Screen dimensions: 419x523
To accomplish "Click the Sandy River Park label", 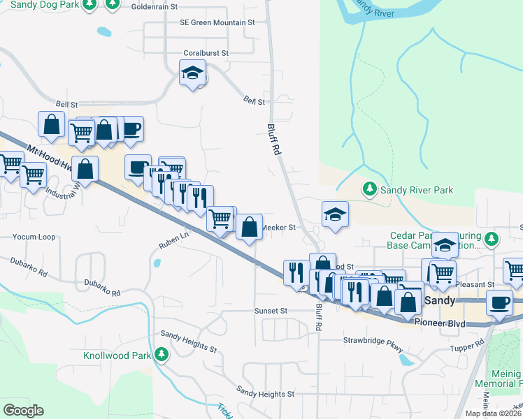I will point(417,190).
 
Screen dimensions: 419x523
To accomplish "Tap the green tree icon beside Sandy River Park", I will point(369,189).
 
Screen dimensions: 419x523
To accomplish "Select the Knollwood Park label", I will point(117,355).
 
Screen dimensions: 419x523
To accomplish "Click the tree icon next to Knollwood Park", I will point(162,355).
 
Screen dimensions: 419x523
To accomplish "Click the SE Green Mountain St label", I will point(217,22).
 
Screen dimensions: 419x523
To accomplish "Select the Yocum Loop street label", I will point(34,237).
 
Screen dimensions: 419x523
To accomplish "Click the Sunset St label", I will point(271,310).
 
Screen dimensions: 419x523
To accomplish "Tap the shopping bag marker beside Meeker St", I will point(250,227).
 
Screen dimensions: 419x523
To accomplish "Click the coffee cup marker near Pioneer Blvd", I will point(499,303).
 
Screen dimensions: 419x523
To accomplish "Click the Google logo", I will point(23,411).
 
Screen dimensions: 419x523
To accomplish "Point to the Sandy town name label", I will point(440,300).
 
